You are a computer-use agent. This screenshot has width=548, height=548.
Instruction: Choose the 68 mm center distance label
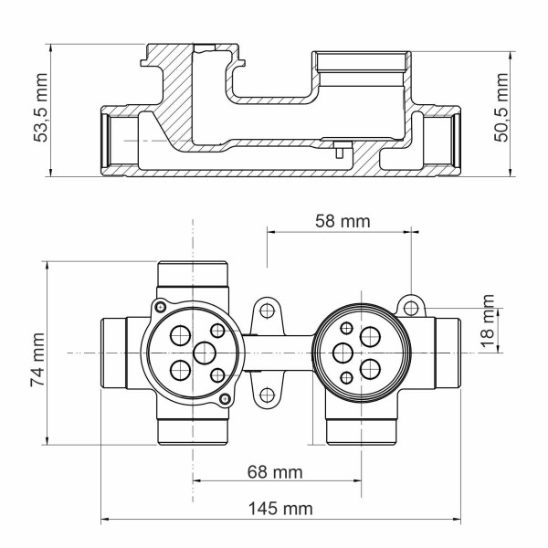[x=275, y=472]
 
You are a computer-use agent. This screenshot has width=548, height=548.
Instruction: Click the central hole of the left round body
[x=203, y=352]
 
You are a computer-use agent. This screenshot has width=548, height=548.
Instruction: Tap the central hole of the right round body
[x=343, y=352]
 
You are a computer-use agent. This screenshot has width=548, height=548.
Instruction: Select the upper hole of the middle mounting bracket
[x=267, y=311]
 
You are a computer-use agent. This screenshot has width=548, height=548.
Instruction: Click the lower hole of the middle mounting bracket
[x=267, y=394]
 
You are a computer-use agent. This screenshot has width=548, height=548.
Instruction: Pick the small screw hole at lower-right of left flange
[x=227, y=399]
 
